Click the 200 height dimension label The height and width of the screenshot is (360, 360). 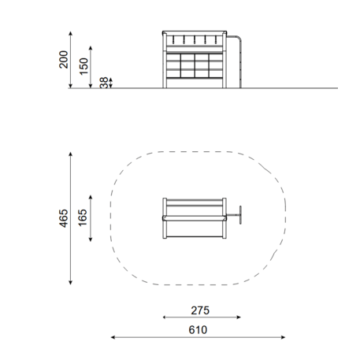[64, 60]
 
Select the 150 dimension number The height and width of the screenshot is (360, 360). [84, 66]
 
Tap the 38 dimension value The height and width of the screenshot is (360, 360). [104, 83]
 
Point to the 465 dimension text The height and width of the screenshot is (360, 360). [64, 218]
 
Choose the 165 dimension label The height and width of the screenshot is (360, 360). [83, 217]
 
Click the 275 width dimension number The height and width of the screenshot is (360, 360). [200, 310]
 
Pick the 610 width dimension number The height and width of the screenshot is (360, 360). [198, 330]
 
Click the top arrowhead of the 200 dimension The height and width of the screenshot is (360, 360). [70, 33]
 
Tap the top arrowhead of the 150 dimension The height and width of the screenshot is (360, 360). [91, 48]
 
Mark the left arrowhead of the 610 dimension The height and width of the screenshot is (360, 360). [113, 337]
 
